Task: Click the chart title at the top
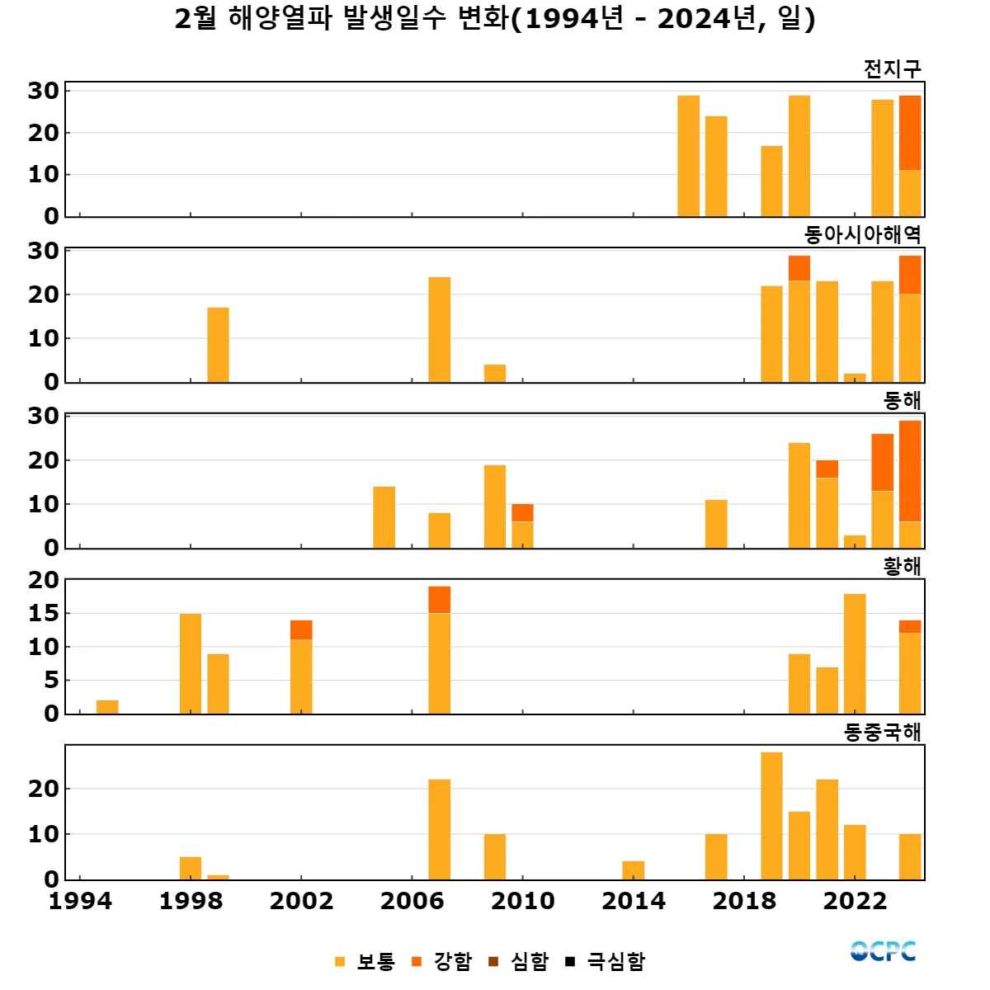495,18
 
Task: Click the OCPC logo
883,951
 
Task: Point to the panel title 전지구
892,68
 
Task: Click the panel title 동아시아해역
862,234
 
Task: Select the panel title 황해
902,566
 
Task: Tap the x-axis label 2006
412,901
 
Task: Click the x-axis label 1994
80,901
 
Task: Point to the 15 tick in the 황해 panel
44,613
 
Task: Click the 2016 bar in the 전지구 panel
688,156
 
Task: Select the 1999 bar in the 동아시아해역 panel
218,345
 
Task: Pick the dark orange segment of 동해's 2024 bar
910,470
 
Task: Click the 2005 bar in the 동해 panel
384,517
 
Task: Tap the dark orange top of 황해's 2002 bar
301,629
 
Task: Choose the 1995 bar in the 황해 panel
107,707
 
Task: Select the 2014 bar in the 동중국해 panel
633,870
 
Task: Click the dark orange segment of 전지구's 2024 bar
910,133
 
